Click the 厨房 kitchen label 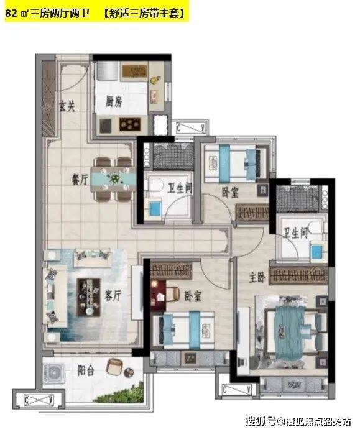pos(114,102)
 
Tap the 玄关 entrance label pos(67,106)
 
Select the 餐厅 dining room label pos(80,180)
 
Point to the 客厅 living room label pos(113,296)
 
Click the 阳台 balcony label pos(86,371)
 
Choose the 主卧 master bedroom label pos(257,278)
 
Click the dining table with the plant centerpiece pos(113,179)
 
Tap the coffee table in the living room pos(88,297)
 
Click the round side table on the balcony pos(129,372)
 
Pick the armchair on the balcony pos(114,367)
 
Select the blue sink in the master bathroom pos(316,250)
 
